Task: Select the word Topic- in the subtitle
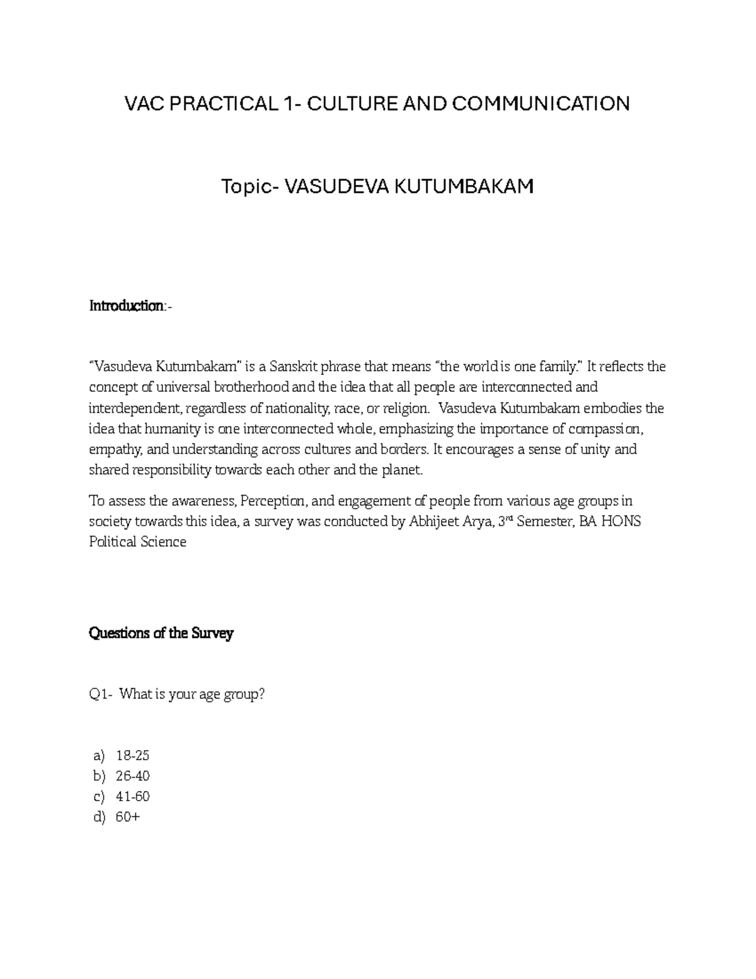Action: pyautogui.click(x=249, y=187)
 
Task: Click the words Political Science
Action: pyautogui.click(x=137, y=542)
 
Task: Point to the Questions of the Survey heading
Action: pyautogui.click(x=161, y=634)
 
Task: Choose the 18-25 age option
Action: pyautogui.click(x=133, y=755)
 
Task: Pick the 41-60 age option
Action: pyautogui.click(x=133, y=796)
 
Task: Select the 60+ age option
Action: pyautogui.click(x=128, y=817)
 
